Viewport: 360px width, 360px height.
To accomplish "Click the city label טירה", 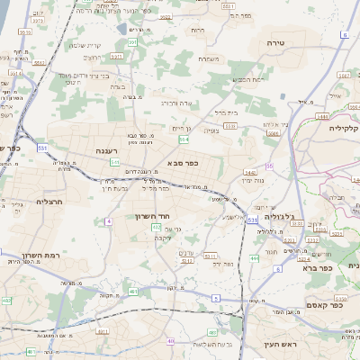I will click(275, 42).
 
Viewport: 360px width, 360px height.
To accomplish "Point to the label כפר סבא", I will click(182, 163).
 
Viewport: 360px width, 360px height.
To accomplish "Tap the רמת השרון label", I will click(43, 256).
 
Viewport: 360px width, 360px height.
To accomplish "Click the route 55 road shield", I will click(269, 166).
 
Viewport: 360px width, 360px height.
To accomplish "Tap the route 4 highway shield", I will click(109, 220).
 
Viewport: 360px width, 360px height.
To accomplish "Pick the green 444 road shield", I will click(254, 258).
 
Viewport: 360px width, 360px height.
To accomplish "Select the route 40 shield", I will click(170, 341).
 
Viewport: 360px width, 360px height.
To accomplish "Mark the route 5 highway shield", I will click(216, 297).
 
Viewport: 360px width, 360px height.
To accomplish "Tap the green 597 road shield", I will click(132, 42).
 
